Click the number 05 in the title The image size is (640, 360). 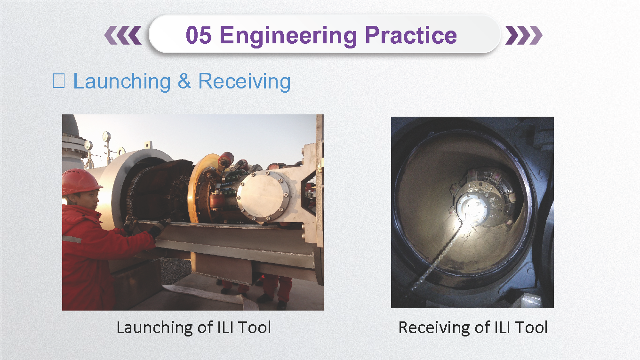click(199, 35)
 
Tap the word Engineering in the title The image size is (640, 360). click(288, 36)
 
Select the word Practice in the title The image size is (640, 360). click(411, 35)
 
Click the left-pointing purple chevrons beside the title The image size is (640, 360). click(123, 35)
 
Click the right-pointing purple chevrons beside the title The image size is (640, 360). click(524, 35)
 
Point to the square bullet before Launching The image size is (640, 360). click(59, 81)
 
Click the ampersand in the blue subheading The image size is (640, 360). click(184, 81)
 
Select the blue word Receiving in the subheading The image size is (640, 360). click(245, 82)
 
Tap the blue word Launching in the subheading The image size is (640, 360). click(122, 82)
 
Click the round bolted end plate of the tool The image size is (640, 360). click(263, 196)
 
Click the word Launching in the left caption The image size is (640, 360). click(155, 328)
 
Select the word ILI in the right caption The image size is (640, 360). click(502, 328)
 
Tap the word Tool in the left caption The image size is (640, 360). click(255, 328)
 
